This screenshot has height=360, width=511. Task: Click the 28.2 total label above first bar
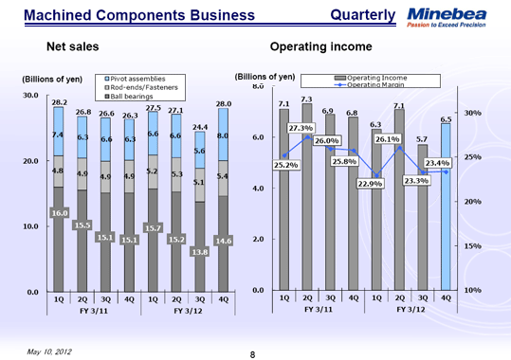[58, 101]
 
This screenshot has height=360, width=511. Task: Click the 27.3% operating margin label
[301, 128]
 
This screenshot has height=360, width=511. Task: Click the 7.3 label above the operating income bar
[306, 99]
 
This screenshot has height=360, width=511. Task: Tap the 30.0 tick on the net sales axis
[28, 96]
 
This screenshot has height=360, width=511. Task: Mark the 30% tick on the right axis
[471, 113]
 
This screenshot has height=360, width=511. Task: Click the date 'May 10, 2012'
[43, 351]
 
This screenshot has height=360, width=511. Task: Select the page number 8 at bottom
[253, 353]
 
